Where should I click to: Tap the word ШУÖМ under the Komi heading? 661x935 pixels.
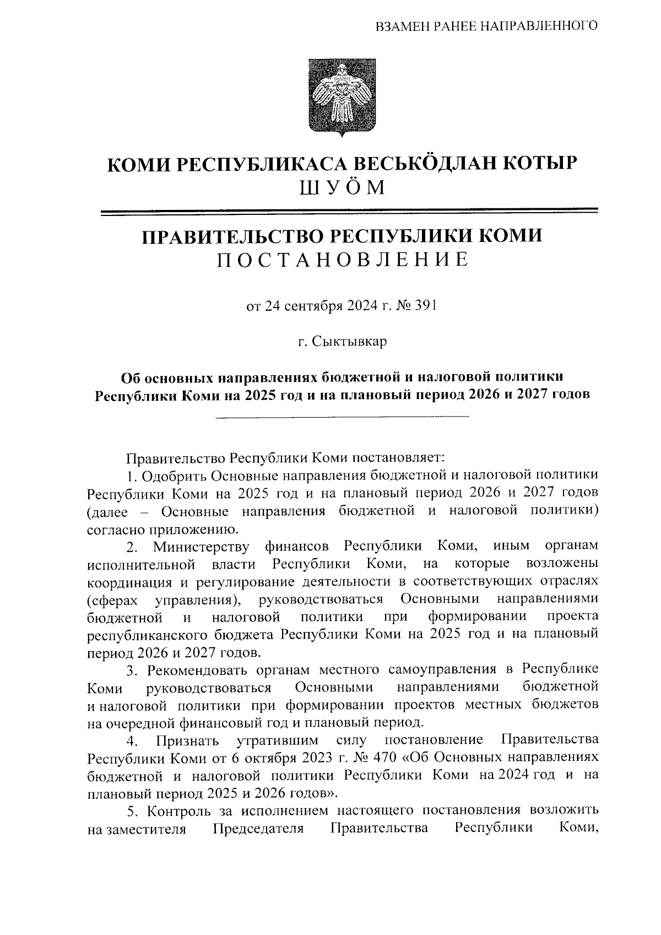point(341,188)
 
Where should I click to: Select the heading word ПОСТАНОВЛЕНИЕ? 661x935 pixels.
point(342,259)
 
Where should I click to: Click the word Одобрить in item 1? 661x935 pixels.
point(178,475)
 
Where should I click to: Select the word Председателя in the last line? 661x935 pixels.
point(258,829)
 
